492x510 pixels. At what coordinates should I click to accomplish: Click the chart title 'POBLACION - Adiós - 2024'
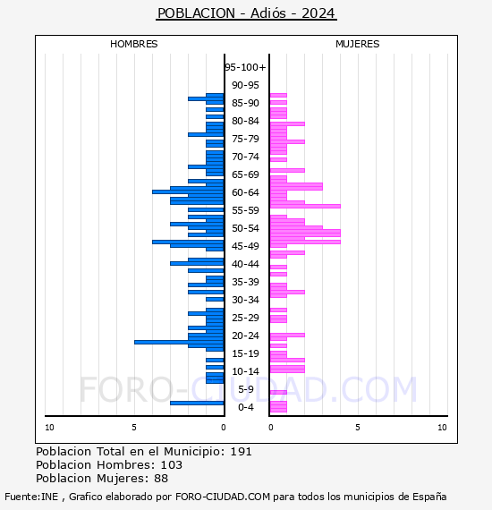pyautogui.click(x=246, y=13)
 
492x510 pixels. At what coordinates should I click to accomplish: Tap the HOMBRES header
pyautogui.click(x=133, y=44)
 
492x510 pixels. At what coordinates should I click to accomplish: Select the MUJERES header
pyautogui.click(x=358, y=44)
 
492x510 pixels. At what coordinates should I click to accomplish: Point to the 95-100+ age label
pyautogui.click(x=245, y=67)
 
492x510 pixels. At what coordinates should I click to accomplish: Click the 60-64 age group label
pyautogui.click(x=245, y=192)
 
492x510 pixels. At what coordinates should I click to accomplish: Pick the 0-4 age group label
pyautogui.click(x=245, y=407)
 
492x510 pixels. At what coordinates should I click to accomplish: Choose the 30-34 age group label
pyautogui.click(x=245, y=300)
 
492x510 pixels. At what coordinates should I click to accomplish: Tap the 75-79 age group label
pyautogui.click(x=245, y=139)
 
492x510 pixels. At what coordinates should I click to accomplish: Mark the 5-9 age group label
pyautogui.click(x=245, y=389)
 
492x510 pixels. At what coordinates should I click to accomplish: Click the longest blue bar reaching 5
pyautogui.click(x=179, y=342)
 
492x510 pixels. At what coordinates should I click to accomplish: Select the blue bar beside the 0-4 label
pyautogui.click(x=197, y=403)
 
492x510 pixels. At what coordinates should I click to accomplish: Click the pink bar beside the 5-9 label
pyautogui.click(x=278, y=392)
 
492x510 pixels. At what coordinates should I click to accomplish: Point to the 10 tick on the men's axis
pyautogui.click(x=49, y=428)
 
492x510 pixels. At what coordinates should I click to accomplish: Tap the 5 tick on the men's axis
pyautogui.click(x=134, y=428)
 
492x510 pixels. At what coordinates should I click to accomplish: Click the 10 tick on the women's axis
pyautogui.click(x=442, y=428)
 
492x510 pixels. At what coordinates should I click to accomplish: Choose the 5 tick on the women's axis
pyautogui.click(x=358, y=428)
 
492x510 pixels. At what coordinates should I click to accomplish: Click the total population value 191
pyautogui.click(x=241, y=452)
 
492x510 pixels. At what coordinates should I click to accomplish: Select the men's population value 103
pyautogui.click(x=172, y=464)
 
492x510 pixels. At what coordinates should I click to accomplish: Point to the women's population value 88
pyautogui.click(x=161, y=478)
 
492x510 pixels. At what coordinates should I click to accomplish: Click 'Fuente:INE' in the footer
pyautogui.click(x=31, y=497)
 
